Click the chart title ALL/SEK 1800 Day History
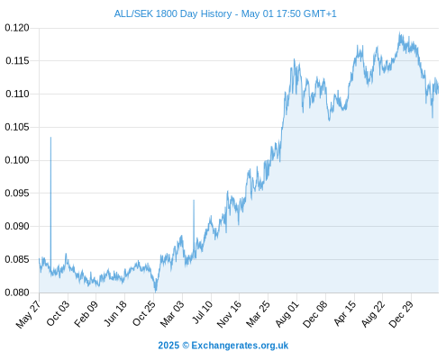click(173, 13)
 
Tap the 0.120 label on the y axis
click(17, 28)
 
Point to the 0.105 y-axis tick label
click(17, 127)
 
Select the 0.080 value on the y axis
click(17, 292)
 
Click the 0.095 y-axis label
click(17, 193)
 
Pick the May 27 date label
click(28, 315)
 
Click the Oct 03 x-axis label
click(58, 313)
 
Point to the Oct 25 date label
click(144, 313)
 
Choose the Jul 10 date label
click(203, 312)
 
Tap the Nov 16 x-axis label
click(229, 314)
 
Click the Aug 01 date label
click(287, 314)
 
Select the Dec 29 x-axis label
click(401, 314)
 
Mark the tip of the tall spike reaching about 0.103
click(50, 138)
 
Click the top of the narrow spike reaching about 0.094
click(194, 200)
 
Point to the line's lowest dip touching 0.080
click(156, 292)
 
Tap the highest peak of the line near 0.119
click(399, 31)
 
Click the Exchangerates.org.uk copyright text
click(223, 346)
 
